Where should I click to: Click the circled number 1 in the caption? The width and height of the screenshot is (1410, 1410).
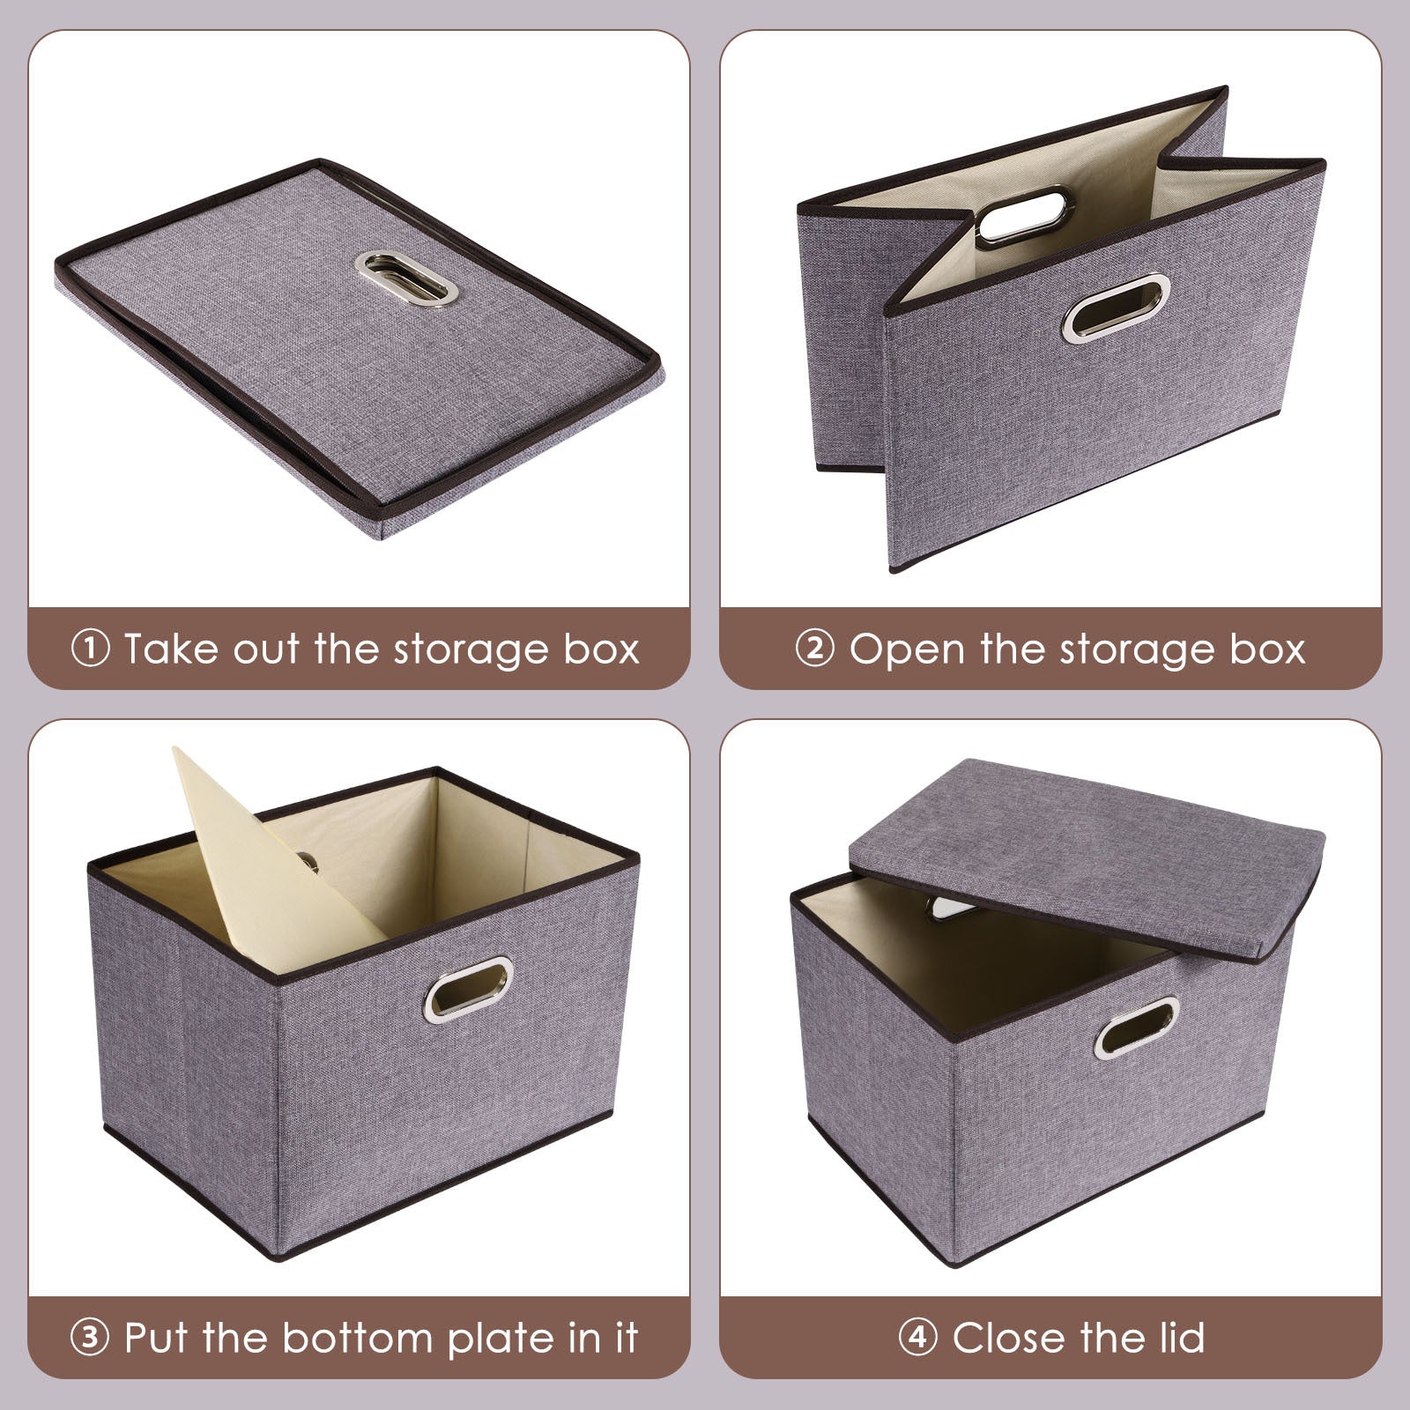point(89,649)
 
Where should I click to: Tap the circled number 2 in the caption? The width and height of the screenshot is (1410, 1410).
point(814,649)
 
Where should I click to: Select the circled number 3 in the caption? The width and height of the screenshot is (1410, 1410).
point(89,1338)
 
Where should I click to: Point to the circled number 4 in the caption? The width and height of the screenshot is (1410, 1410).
point(917,1338)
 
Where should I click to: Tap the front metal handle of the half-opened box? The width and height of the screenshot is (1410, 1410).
point(1117,308)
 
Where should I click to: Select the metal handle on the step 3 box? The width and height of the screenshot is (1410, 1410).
point(468,990)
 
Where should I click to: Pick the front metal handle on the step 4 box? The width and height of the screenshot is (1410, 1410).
point(1137,1028)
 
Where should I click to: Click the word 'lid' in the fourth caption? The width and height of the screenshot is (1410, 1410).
point(1177,1338)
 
